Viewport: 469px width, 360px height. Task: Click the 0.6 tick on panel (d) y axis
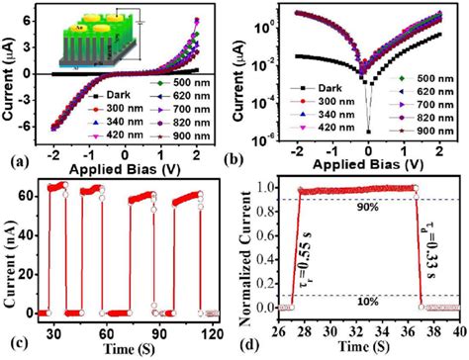tap(277, 235)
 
